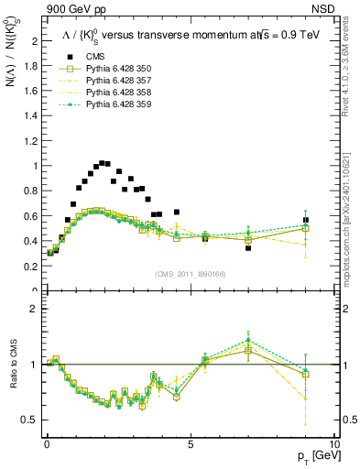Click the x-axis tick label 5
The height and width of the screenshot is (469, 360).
point(190,442)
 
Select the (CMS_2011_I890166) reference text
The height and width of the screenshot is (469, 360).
point(190,274)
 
